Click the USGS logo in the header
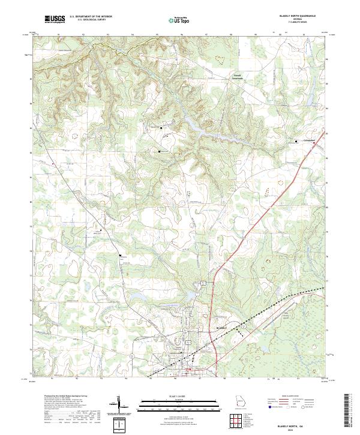point(55,20)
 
